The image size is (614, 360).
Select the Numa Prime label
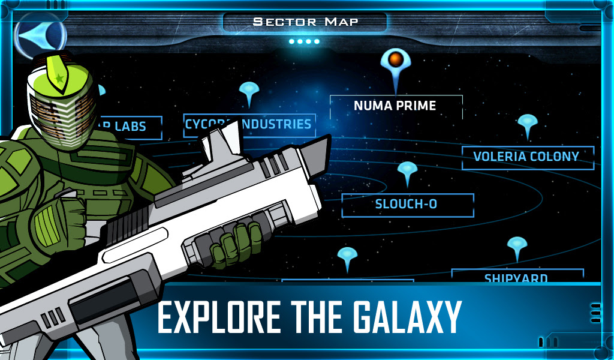pos(395,106)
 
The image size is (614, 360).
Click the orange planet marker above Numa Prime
pos(395,60)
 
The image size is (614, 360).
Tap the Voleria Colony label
pos(526,157)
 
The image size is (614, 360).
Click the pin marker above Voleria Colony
pos(527,123)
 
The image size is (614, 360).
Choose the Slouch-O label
pos(407,204)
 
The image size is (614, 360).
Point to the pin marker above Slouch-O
pos(407,171)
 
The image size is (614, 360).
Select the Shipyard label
pos(516,277)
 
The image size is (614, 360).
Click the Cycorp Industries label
pos(248,125)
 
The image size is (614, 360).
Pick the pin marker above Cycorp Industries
pos(248,91)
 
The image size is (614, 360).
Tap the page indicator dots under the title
pos(304,41)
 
